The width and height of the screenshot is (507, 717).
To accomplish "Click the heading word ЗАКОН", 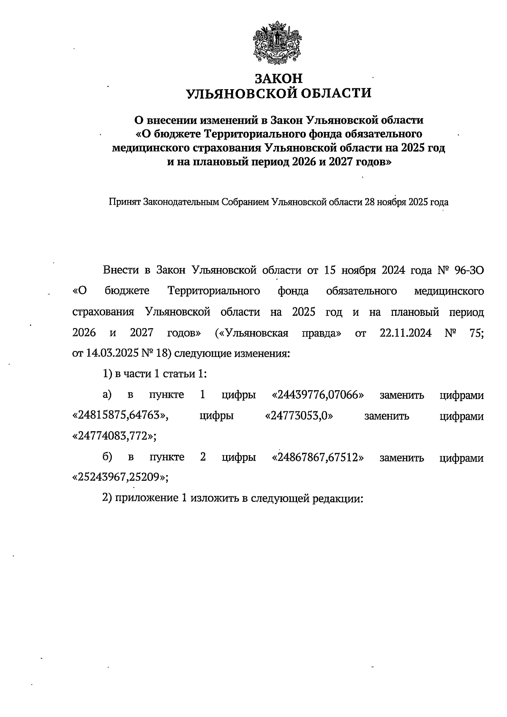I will point(279,79).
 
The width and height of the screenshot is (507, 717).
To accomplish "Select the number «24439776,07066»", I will point(319,395).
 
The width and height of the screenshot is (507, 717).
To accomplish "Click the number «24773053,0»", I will point(299,416).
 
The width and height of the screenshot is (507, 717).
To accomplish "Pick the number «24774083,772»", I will point(114,436).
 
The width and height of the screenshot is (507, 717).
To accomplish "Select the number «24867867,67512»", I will point(319,457).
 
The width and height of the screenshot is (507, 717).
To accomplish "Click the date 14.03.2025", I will point(109,353).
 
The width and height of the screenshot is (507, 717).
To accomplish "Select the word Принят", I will point(125,202).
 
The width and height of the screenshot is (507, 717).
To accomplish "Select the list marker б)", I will point(107,457).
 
